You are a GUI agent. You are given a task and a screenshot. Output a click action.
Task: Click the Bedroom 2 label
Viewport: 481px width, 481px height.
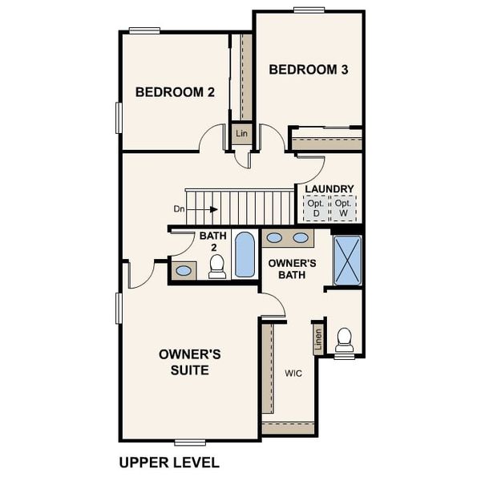(x=175, y=92)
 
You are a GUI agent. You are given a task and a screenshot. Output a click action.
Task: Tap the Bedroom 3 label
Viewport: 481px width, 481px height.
(x=309, y=70)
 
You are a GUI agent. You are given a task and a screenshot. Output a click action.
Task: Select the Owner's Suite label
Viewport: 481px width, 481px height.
(x=184, y=362)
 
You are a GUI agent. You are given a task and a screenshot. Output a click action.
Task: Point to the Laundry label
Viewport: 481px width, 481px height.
(x=329, y=189)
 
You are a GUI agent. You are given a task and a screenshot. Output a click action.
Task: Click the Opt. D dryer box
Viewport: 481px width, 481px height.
(x=316, y=209)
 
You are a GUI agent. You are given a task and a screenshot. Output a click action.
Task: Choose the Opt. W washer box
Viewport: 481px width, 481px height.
(x=344, y=209)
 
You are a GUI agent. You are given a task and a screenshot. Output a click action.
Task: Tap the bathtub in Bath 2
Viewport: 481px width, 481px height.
(x=244, y=255)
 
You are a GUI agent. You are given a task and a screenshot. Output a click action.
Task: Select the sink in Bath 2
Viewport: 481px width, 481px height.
(x=184, y=270)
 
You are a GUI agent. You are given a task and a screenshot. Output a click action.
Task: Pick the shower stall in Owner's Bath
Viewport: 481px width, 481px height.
(x=347, y=261)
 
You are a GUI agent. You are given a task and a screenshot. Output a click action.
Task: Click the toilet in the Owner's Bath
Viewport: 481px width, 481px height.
(x=345, y=341)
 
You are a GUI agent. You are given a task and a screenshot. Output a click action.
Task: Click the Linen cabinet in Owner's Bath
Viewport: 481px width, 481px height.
(x=318, y=342)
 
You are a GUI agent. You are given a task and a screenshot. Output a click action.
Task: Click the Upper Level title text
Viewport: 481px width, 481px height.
(x=168, y=463)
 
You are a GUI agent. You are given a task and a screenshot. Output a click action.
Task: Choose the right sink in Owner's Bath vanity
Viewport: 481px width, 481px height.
(x=301, y=237)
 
